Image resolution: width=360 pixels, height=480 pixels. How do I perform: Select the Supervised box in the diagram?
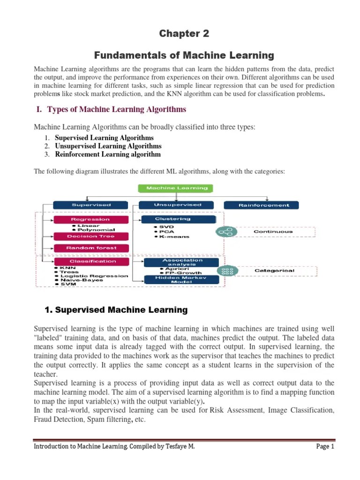pyautogui.click(x=90, y=205)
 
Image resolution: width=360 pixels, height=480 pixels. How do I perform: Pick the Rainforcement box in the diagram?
pyautogui.click(x=264, y=205)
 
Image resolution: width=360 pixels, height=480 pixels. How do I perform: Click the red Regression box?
pyautogui.click(x=90, y=219)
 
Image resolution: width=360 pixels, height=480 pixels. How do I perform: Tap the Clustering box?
pyautogui.click(x=179, y=219)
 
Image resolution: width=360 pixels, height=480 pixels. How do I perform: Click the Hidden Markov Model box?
pyautogui.click(x=180, y=279)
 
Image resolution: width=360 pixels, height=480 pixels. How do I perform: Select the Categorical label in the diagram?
pyautogui.click(x=274, y=270)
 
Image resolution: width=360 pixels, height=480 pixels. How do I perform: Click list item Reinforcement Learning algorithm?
pyautogui.click(x=107, y=154)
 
